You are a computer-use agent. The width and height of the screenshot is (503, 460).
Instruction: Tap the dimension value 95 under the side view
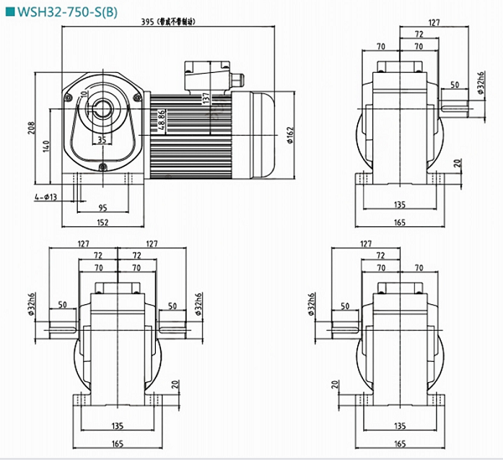101,208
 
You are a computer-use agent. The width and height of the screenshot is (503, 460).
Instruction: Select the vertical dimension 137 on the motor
205,98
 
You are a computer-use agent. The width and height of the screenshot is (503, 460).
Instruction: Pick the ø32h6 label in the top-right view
480,85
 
